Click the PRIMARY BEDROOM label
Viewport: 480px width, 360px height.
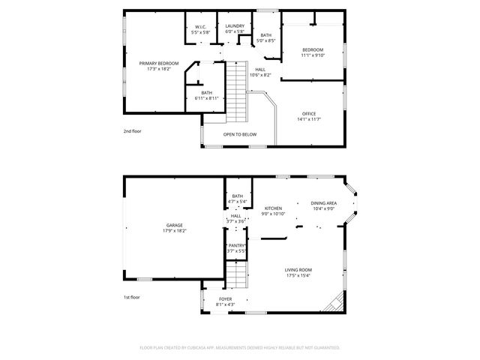[x=158, y=64]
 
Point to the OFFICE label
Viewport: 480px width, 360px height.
[x=309, y=113]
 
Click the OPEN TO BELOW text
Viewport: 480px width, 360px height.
[x=240, y=134]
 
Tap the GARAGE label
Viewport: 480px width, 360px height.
[x=175, y=225]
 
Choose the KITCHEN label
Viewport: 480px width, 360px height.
[x=273, y=208]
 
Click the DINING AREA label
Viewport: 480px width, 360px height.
[x=323, y=203]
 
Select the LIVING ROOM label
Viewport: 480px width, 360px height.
[x=298, y=270]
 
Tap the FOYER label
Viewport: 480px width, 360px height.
[x=215, y=298]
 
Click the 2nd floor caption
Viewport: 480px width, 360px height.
[x=133, y=131]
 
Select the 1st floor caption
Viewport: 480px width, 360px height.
[x=132, y=297]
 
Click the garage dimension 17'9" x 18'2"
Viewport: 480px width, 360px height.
[x=175, y=231]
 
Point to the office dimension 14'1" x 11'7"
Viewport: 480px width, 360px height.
[x=309, y=119]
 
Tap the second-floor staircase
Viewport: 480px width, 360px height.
[x=236, y=97]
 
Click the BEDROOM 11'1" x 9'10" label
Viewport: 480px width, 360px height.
[x=312, y=49]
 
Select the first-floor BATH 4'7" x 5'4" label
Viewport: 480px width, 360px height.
[x=237, y=196]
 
